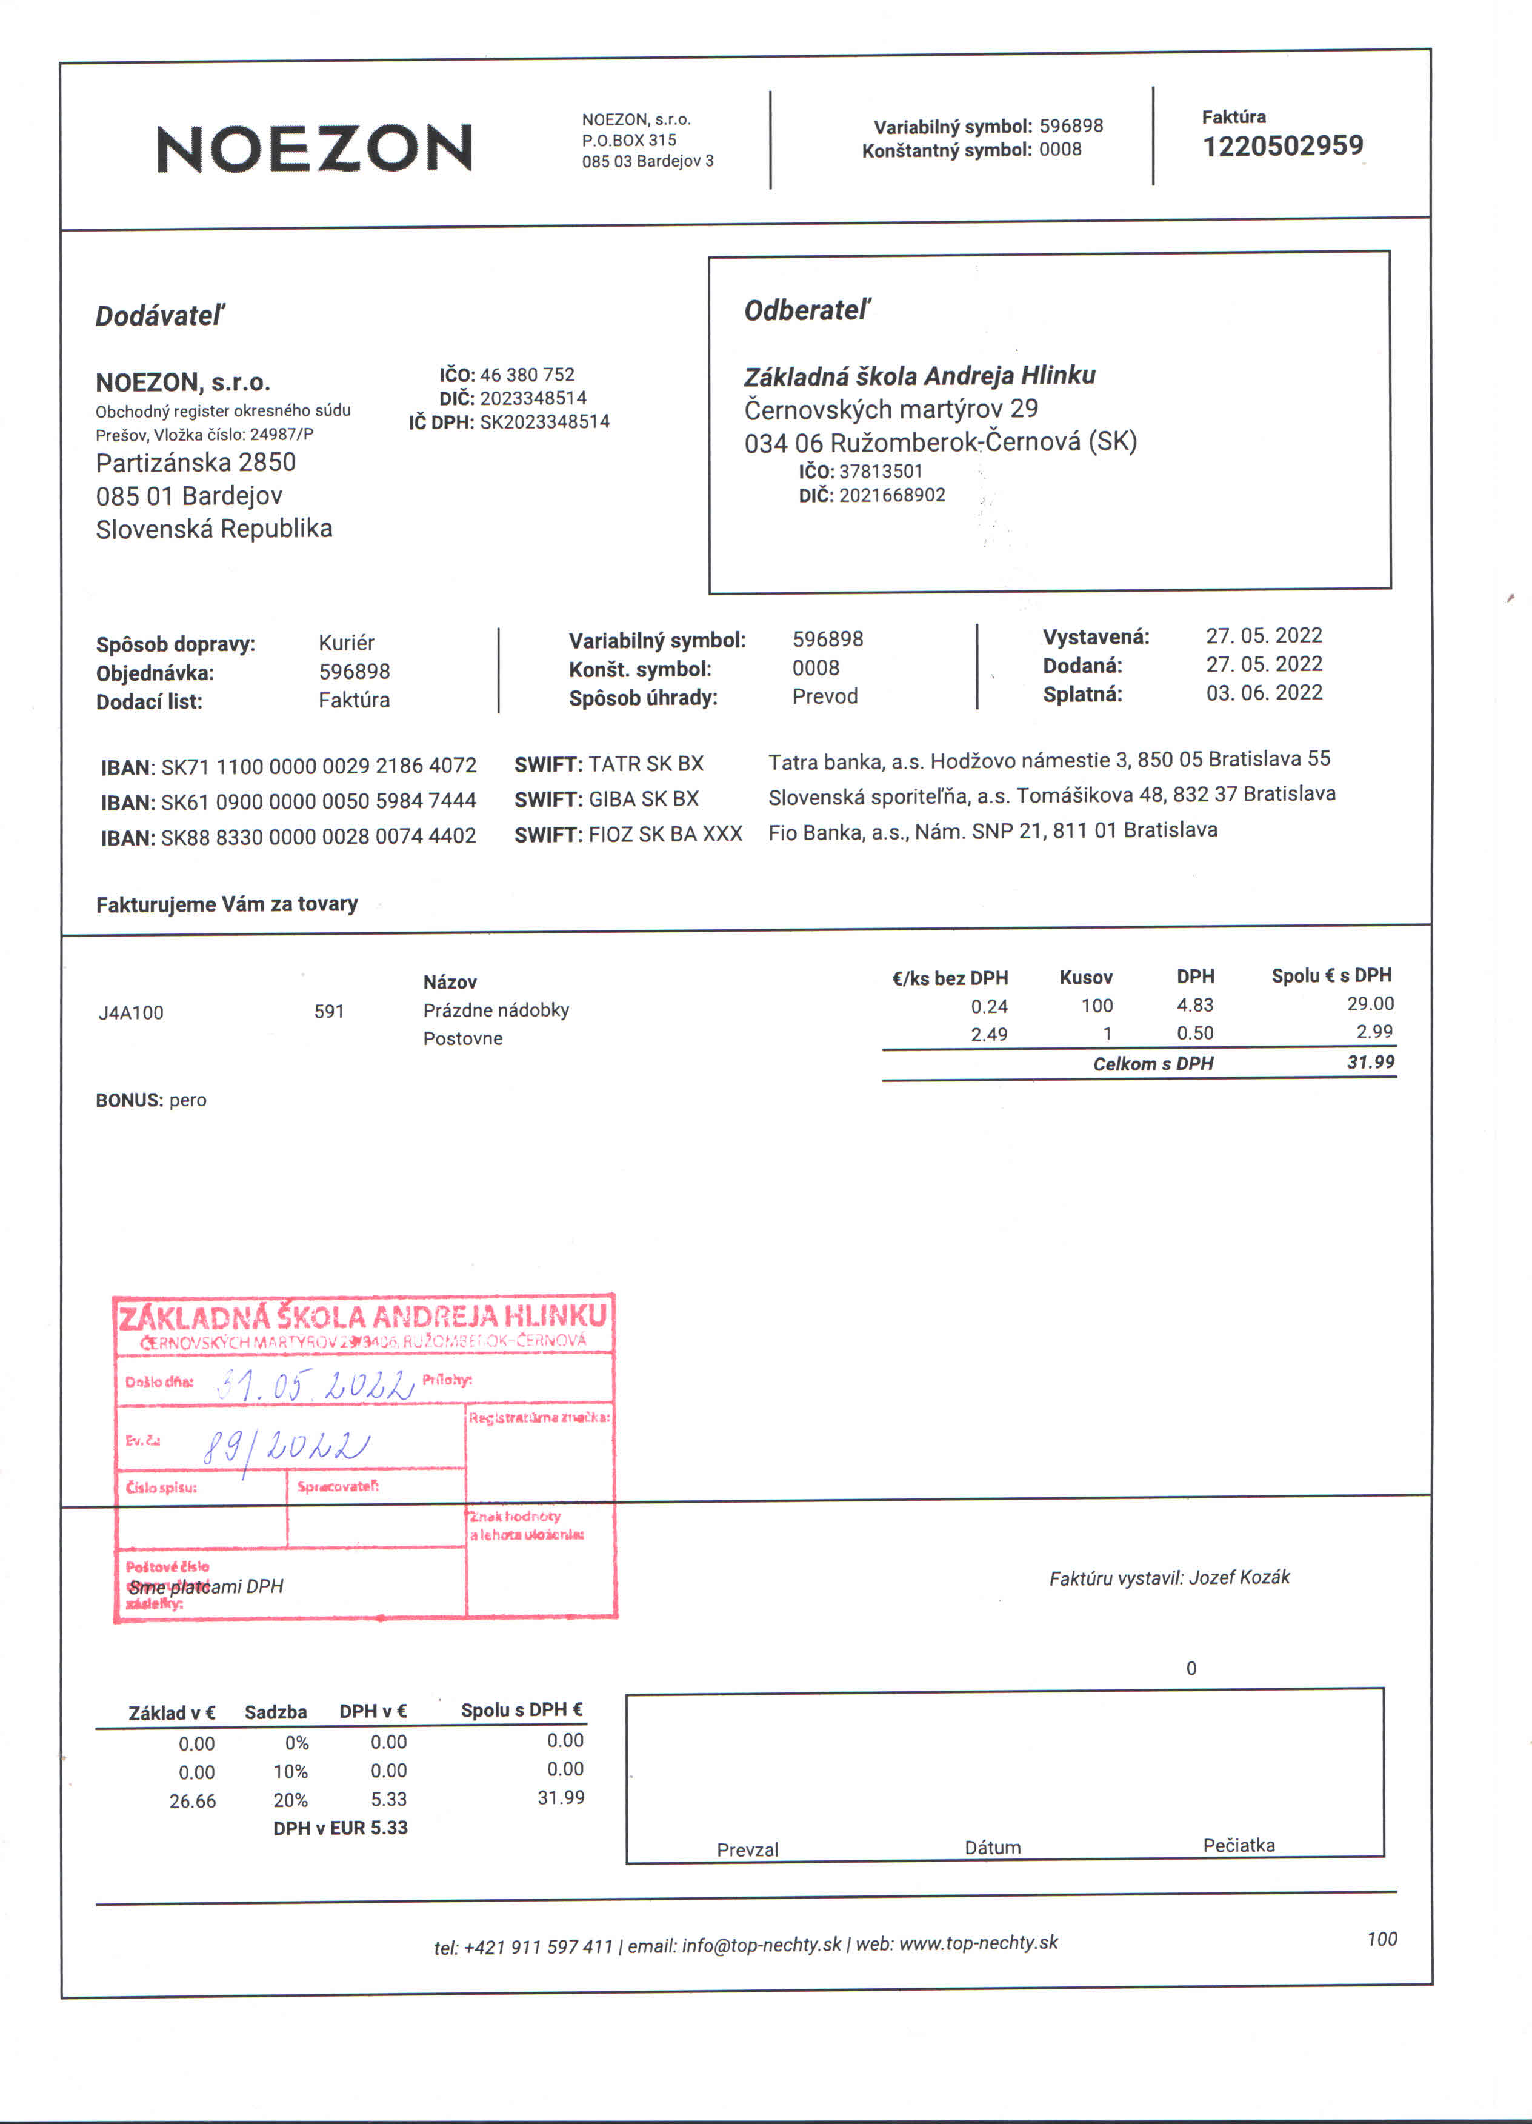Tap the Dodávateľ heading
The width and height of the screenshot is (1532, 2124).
pyautogui.click(x=160, y=316)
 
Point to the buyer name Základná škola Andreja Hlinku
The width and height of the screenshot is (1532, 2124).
pyautogui.click(x=919, y=376)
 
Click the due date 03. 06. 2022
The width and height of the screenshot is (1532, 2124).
pyautogui.click(x=1264, y=693)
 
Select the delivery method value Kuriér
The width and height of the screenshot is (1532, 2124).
pyautogui.click(x=347, y=643)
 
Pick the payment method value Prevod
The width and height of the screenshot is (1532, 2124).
pyautogui.click(x=824, y=696)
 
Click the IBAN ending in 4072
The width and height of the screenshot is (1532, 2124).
pyautogui.click(x=318, y=766)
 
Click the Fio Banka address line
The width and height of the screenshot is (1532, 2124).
pyautogui.click(x=993, y=830)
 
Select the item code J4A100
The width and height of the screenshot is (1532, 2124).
pyautogui.click(x=131, y=1012)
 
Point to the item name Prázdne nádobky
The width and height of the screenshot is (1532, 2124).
pyautogui.click(x=495, y=1009)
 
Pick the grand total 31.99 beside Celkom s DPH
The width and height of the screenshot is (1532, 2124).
pyautogui.click(x=1370, y=1062)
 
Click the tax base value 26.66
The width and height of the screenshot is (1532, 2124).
pyautogui.click(x=192, y=1801)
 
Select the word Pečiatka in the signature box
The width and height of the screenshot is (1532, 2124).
pyautogui.click(x=1238, y=1845)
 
